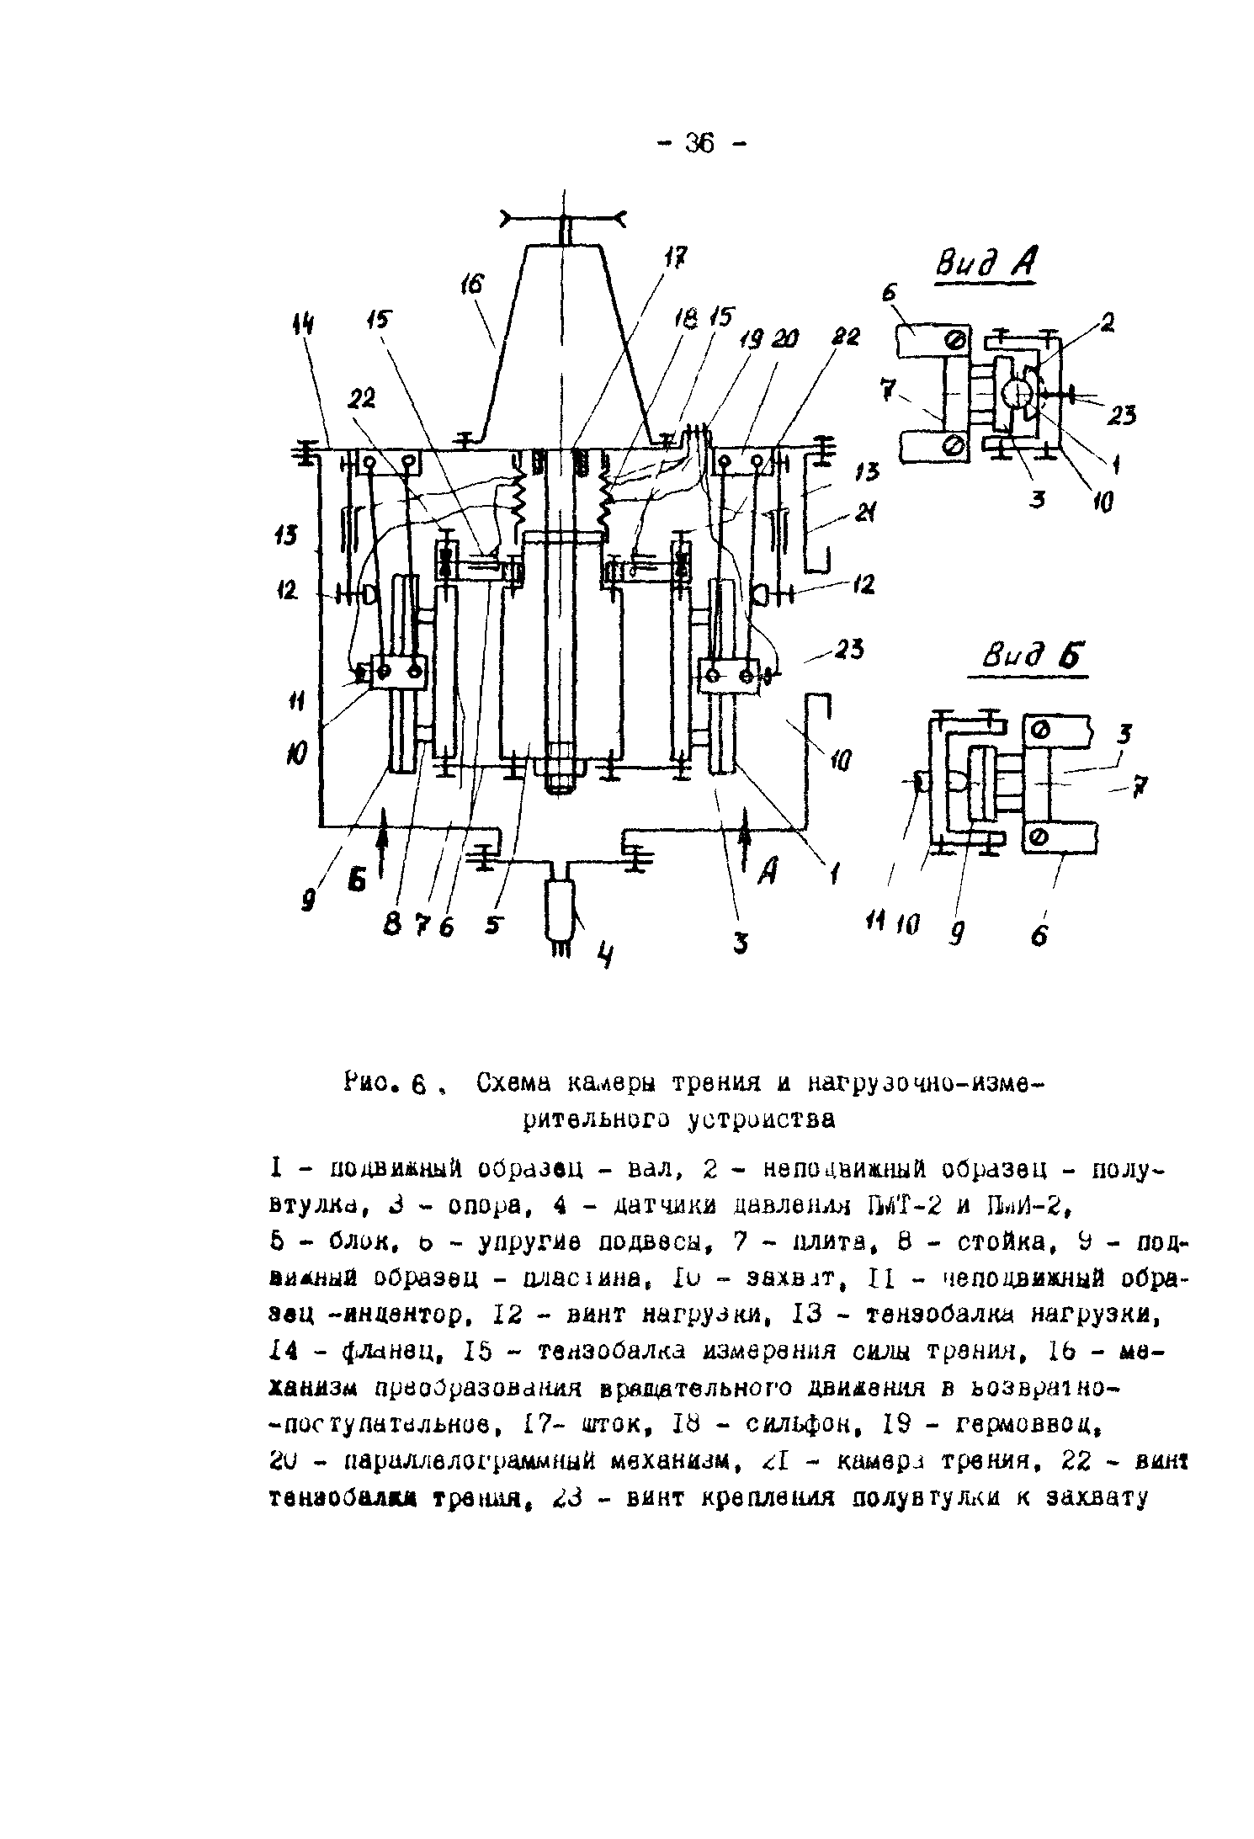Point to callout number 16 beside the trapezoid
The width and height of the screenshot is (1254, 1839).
coord(474,286)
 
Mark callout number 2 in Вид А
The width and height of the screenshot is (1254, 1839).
coord(1108,322)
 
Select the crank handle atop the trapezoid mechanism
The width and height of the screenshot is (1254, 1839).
coord(562,219)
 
